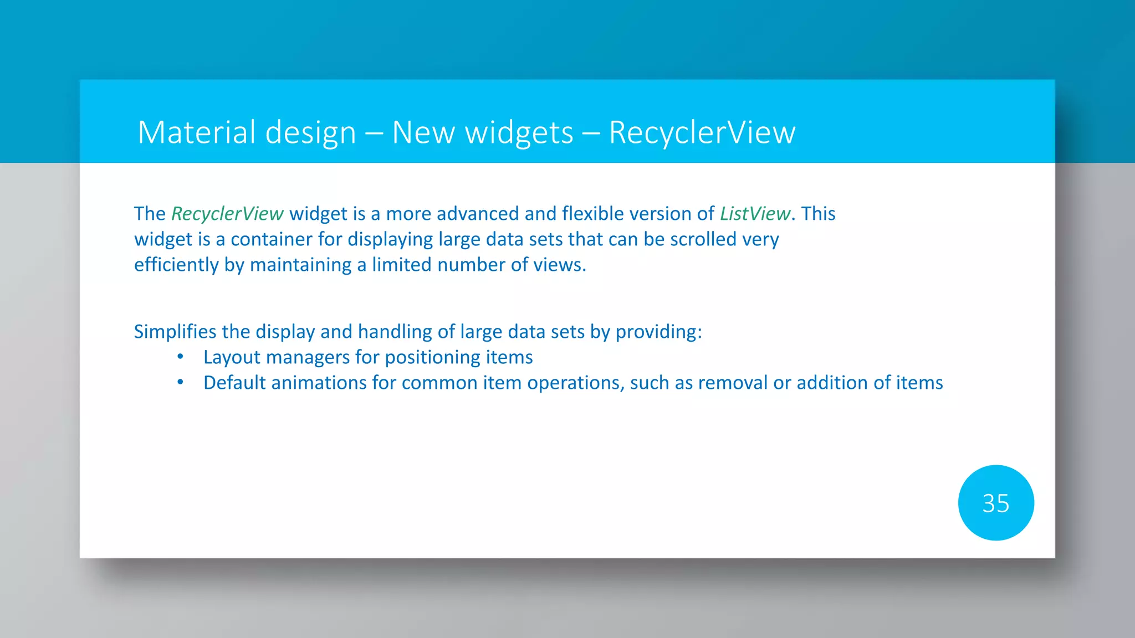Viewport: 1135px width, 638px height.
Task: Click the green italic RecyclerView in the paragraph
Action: point(227,214)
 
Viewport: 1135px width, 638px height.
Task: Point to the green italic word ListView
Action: point(754,214)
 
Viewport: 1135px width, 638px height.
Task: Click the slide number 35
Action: point(995,503)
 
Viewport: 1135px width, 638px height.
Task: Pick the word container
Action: point(271,239)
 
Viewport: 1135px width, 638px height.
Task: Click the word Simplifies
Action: point(175,332)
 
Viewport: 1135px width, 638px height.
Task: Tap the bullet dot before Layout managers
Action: point(180,357)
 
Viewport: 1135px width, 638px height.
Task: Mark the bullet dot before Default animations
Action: point(180,382)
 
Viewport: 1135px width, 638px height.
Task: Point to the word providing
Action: point(658,332)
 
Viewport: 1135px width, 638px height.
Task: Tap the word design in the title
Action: point(310,133)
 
